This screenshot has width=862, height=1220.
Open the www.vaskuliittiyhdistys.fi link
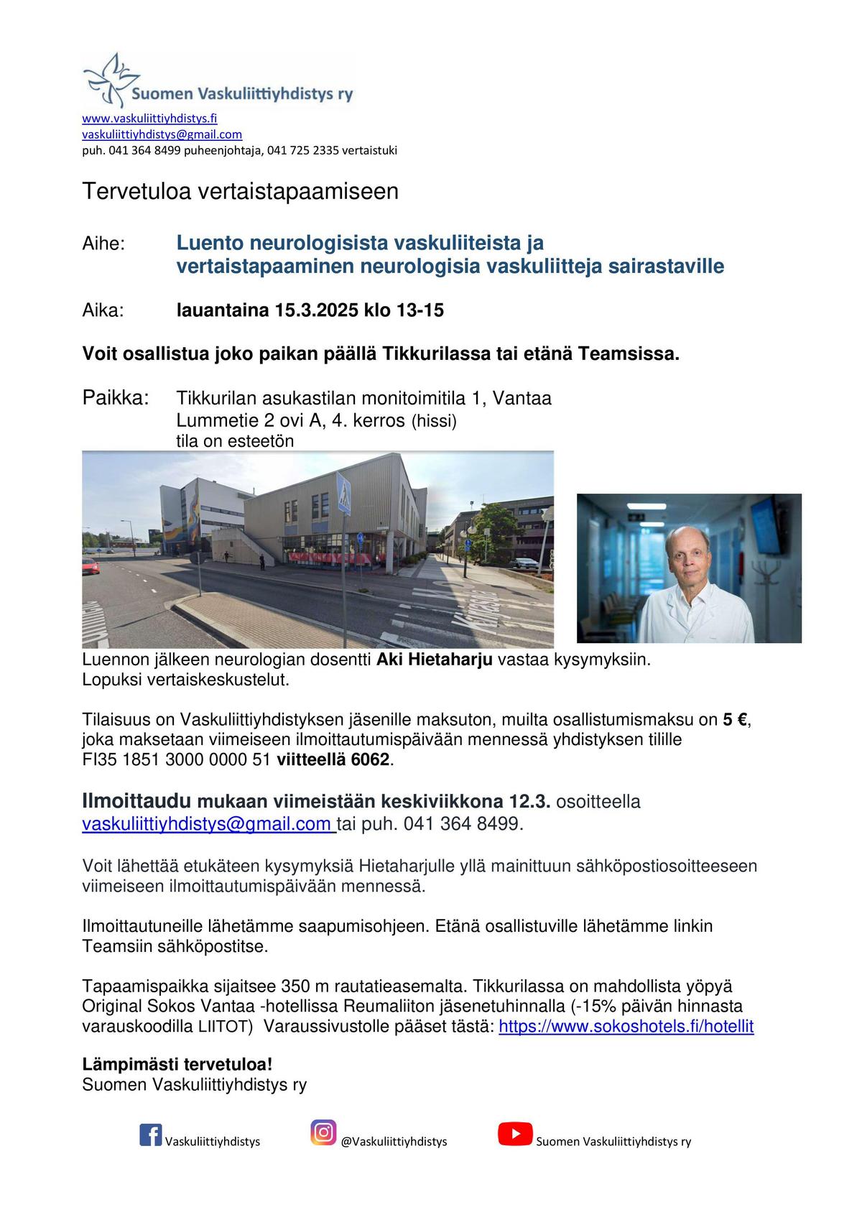point(149,119)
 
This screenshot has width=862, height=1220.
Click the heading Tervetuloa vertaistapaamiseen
point(240,192)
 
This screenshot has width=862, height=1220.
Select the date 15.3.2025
point(317,310)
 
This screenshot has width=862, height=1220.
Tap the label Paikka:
point(116,397)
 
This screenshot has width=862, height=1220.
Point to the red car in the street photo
point(91,568)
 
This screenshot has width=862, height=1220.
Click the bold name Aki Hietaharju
point(435,660)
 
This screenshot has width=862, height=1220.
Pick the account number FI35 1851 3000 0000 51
point(176,759)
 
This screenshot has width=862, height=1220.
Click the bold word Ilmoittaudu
point(136,801)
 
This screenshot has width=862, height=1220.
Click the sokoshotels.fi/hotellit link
point(626,1026)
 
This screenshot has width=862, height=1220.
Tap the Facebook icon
point(150,1134)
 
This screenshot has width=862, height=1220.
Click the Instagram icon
point(323,1132)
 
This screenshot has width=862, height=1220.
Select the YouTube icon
point(515,1134)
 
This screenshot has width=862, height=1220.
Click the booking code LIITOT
point(226,1027)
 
